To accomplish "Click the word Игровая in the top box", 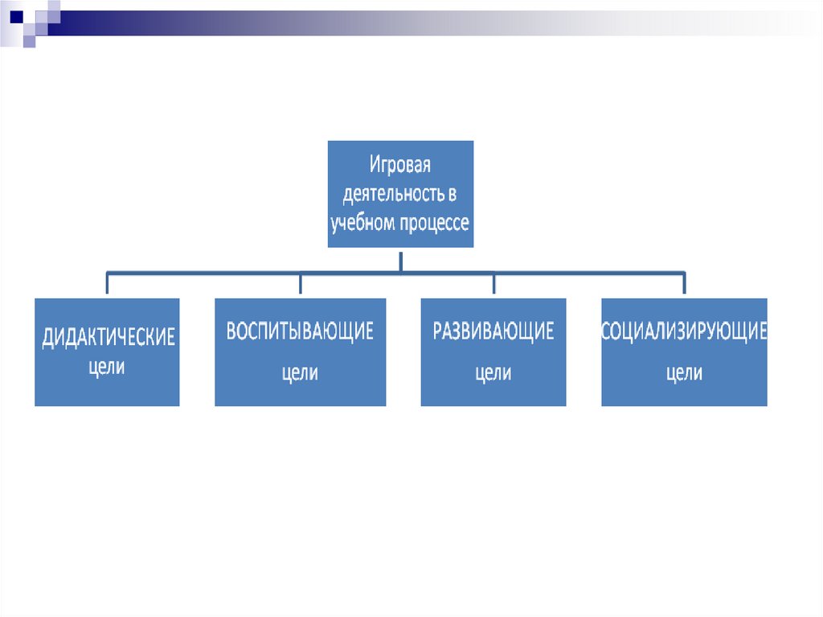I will point(400,166).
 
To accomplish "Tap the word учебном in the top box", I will point(363,223).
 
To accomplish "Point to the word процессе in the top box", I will point(434,223).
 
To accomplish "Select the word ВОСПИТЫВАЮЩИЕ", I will point(300,331).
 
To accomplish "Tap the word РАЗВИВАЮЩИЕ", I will point(493,331).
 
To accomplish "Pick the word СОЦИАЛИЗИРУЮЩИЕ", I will point(684,331).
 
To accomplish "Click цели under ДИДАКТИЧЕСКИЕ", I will point(106,368).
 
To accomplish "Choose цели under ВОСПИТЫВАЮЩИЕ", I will point(300,373).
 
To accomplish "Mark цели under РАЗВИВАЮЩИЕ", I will point(493,373).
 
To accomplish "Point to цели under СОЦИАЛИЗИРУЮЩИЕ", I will point(684,373).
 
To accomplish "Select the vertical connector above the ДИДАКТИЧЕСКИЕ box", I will point(107,284).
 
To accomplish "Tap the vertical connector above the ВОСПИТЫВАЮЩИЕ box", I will point(300,284).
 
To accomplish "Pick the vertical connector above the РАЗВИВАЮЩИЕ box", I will point(493,284).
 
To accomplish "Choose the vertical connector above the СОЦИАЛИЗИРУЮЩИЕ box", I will point(684,284).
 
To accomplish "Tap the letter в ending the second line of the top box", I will point(453,195).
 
